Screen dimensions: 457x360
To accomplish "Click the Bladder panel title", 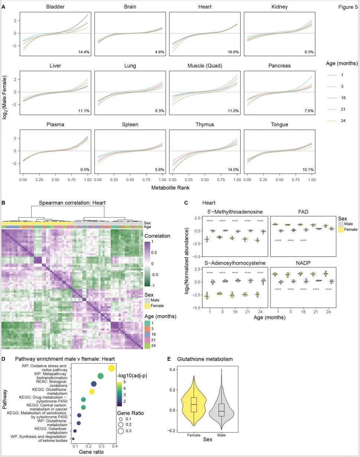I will click(x=55, y=7).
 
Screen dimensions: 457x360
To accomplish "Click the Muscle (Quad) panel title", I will click(x=205, y=66).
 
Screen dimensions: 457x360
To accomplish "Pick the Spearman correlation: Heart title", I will click(x=72, y=203).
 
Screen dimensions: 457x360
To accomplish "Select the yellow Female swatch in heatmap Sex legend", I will click(x=147, y=306).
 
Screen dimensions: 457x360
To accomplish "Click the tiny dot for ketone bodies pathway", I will click(x=73, y=439).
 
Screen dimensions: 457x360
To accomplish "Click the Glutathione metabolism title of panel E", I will click(x=205, y=359).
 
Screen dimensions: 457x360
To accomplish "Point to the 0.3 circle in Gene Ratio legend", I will click(x=121, y=431).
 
